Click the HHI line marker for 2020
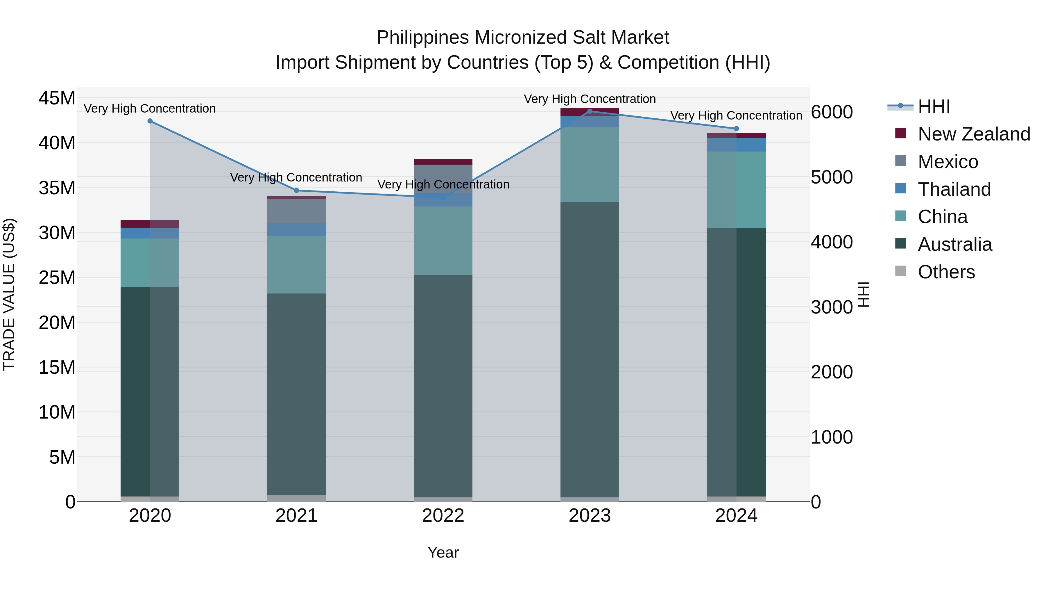[x=150, y=121]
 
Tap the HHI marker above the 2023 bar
[x=590, y=111]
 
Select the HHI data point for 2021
[x=296, y=191]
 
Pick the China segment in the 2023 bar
[x=590, y=164]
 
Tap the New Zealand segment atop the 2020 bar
[x=150, y=224]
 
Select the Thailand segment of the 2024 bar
[x=736, y=145]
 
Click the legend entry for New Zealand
[x=973, y=134]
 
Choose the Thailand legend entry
[x=954, y=189]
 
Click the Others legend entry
[x=946, y=272]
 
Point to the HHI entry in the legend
[x=934, y=106]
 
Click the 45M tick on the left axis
[x=57, y=98]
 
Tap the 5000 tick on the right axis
[x=831, y=177]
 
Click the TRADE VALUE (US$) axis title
[x=9, y=294]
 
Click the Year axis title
[x=443, y=552]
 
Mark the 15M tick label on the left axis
[x=57, y=367]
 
